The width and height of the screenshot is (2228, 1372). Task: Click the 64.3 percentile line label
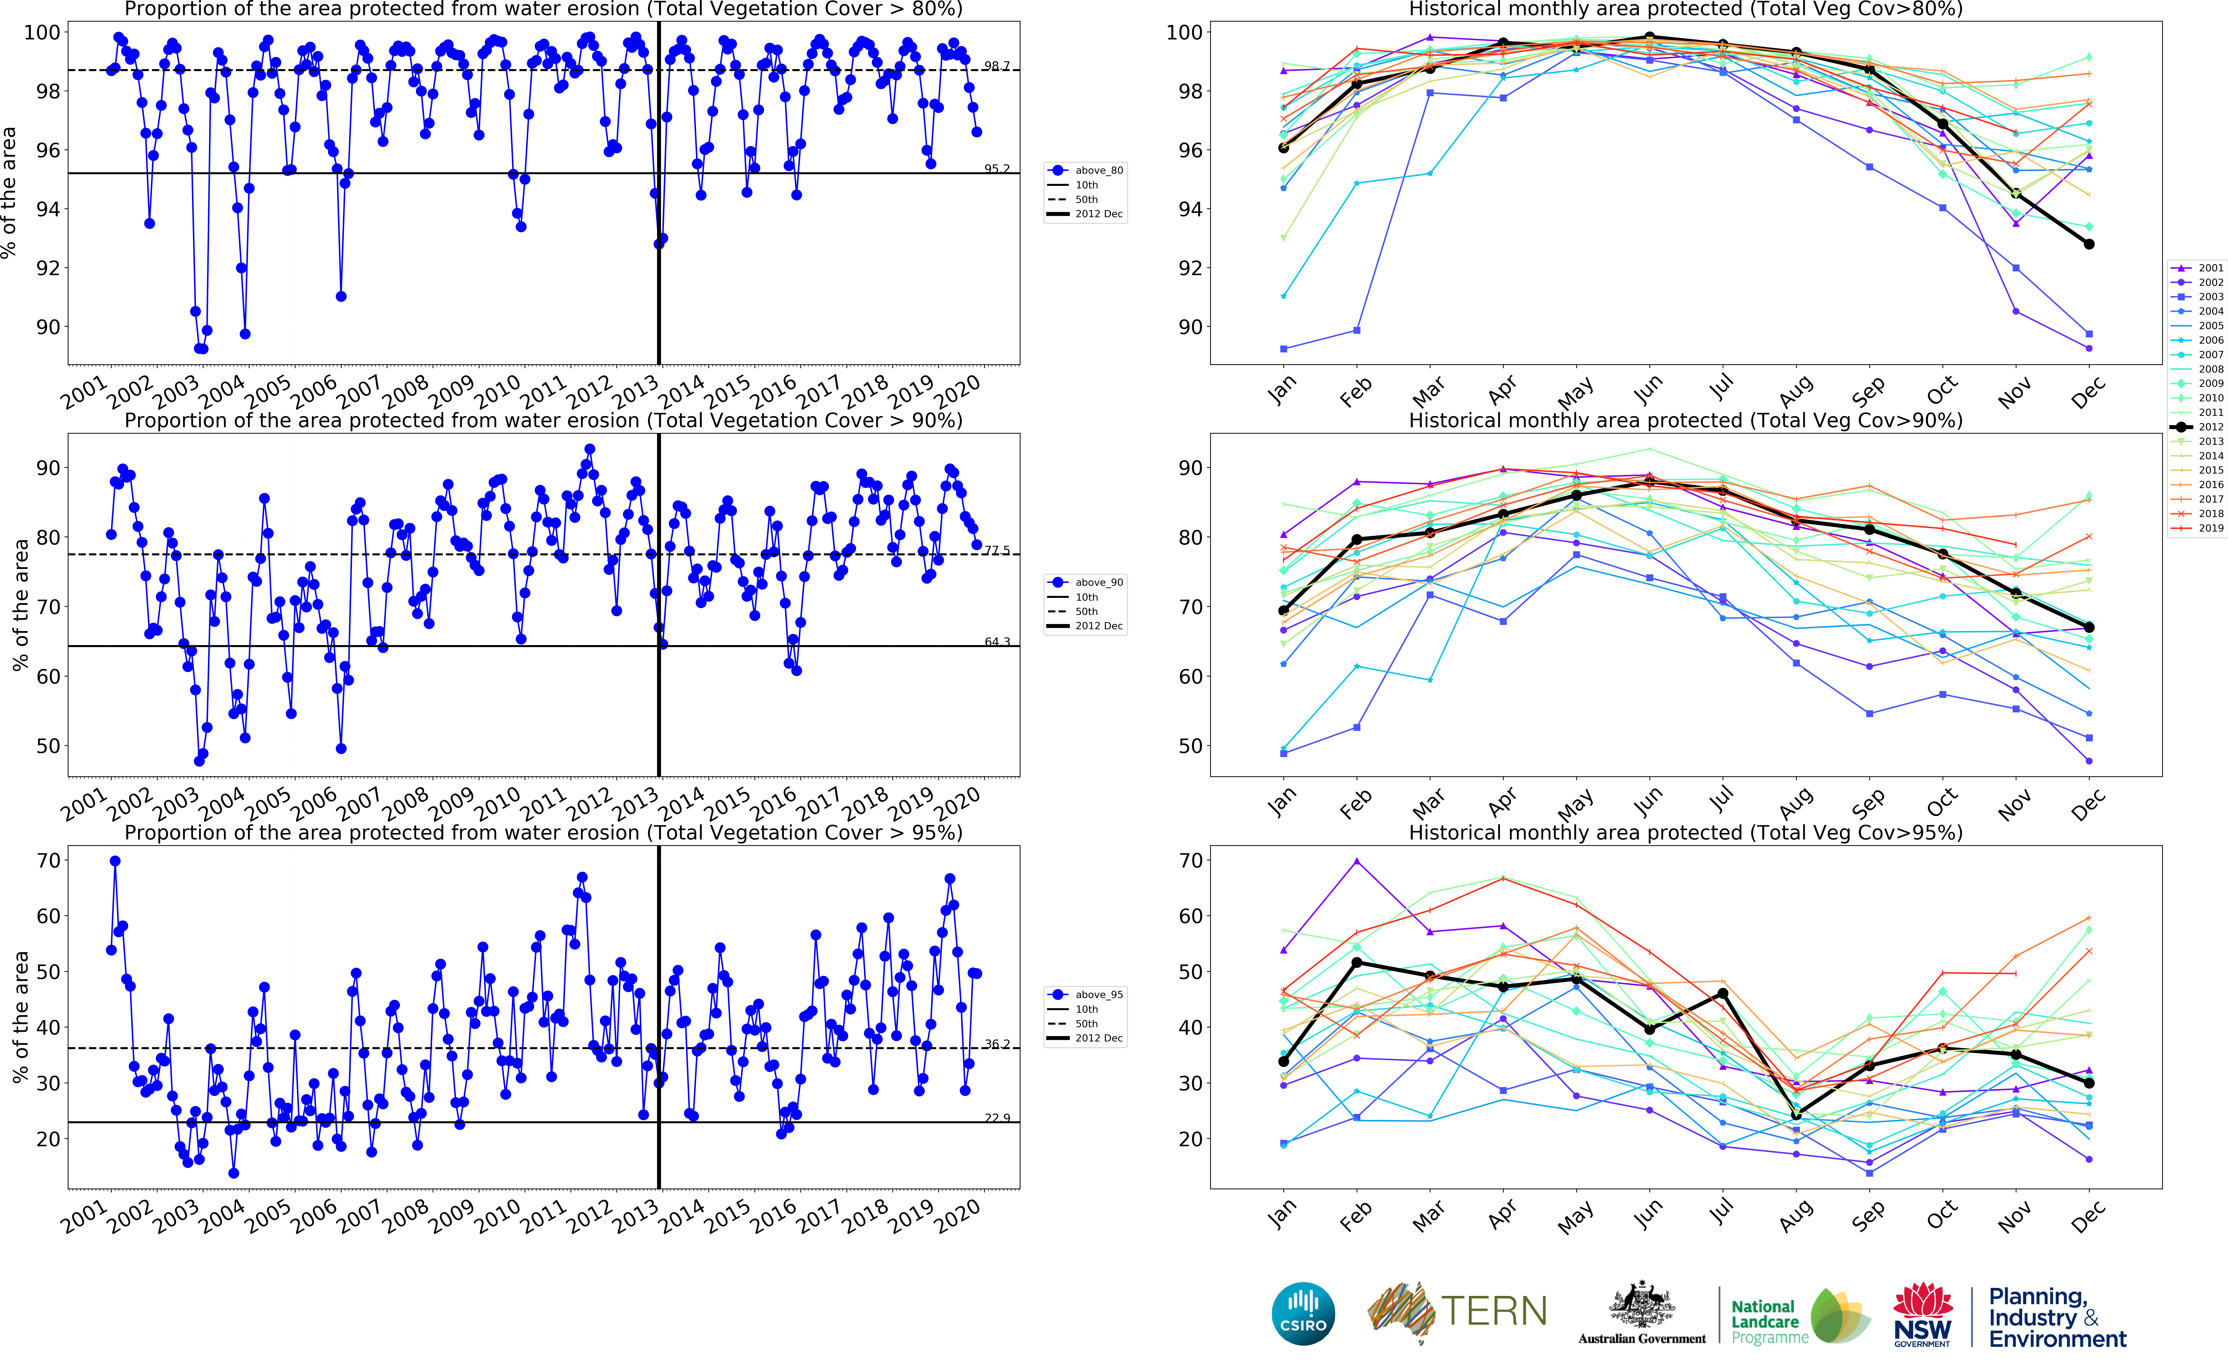[996, 642]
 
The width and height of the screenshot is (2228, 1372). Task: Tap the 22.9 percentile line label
[996, 1118]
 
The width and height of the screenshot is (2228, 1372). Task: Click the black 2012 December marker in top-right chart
[2089, 244]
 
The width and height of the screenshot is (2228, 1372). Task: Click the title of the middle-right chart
[1685, 420]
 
